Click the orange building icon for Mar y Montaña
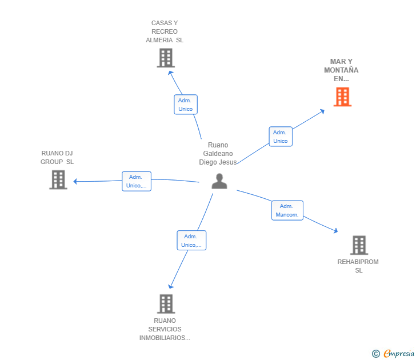(342, 97)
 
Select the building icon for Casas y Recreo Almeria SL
(165, 58)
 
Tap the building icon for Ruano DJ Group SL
(58, 179)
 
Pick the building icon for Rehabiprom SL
(358, 245)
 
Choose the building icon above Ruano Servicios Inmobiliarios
(165, 303)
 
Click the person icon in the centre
(219, 181)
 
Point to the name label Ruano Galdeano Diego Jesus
(218, 154)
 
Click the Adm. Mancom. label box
(287, 210)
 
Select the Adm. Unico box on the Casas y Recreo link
(185, 105)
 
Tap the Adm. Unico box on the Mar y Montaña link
(280, 137)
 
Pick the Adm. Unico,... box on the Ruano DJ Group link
(137, 181)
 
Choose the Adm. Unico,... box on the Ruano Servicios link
(191, 241)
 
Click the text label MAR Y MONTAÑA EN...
(341, 70)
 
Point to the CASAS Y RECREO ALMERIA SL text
(165, 32)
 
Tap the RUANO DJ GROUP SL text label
(57, 157)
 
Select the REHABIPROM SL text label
(358, 266)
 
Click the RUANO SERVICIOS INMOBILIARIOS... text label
(165, 329)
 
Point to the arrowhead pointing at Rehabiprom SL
(335, 231)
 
